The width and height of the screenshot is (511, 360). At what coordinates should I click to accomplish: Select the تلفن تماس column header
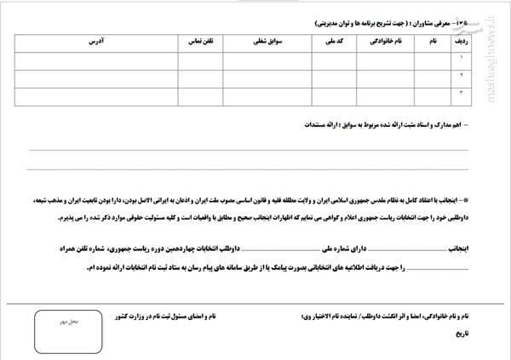202,40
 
